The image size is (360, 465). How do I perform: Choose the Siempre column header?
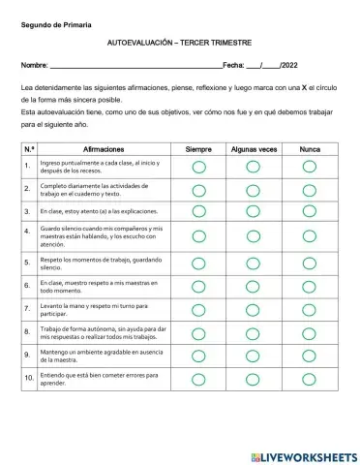tap(198, 149)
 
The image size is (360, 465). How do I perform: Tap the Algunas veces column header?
tap(254, 149)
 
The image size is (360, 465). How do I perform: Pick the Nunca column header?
tap(310, 149)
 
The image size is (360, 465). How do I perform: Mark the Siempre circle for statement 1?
tap(198, 167)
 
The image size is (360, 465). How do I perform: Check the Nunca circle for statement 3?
tap(310, 210)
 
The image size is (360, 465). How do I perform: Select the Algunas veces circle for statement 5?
tap(254, 262)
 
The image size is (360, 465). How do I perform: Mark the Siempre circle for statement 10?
tap(198, 379)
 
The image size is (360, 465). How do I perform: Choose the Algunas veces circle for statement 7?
tap(254, 309)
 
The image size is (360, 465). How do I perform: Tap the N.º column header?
tap(28, 149)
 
